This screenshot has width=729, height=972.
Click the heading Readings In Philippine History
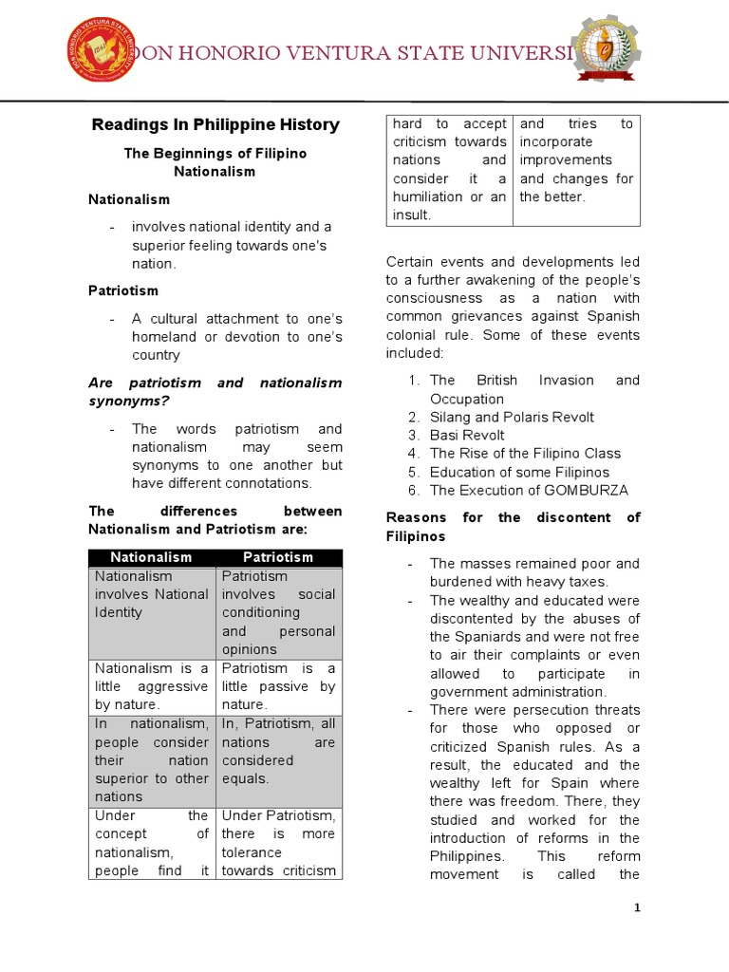(x=215, y=124)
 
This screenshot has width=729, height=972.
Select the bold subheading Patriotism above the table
(x=123, y=290)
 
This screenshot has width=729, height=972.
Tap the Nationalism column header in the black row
(x=151, y=557)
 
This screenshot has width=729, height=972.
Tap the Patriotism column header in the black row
(x=278, y=557)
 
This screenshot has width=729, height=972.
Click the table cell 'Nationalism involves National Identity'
(x=151, y=594)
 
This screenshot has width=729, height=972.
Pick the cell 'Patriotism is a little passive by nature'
(x=278, y=686)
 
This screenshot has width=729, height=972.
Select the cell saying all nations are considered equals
(x=278, y=751)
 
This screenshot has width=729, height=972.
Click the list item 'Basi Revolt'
(x=467, y=435)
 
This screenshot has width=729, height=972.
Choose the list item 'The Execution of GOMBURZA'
(x=529, y=490)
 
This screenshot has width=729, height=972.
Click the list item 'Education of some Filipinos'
(x=519, y=472)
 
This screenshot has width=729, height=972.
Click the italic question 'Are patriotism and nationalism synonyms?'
(x=215, y=392)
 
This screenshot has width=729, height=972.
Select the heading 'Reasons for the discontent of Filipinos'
(x=513, y=527)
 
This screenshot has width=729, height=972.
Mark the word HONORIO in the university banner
(x=232, y=54)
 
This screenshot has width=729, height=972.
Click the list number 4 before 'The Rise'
(x=414, y=454)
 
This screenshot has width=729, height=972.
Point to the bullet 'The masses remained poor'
(x=533, y=572)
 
